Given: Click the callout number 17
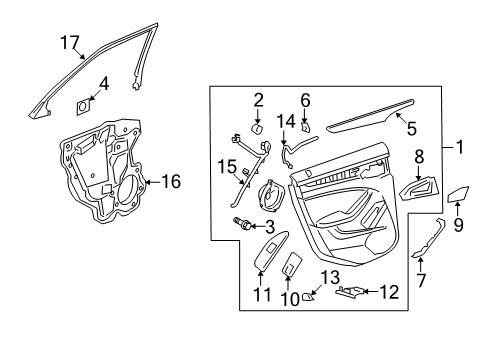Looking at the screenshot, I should [x=69, y=42].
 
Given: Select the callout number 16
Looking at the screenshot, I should [x=172, y=182].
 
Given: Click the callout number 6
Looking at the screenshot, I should [x=306, y=100].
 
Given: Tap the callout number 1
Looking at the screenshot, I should [x=461, y=148].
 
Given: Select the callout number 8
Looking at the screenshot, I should [x=419, y=156].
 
